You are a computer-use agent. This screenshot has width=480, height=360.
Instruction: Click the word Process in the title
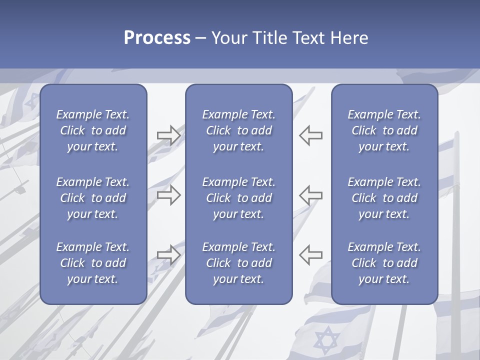pyautogui.click(x=157, y=38)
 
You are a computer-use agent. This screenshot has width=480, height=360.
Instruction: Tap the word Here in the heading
pyautogui.click(x=349, y=38)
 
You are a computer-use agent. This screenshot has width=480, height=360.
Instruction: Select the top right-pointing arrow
pyautogui.click(x=169, y=135)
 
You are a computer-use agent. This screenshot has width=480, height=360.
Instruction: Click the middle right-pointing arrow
pyautogui.click(x=169, y=194)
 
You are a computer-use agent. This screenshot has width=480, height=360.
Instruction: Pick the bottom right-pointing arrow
pyautogui.click(x=169, y=254)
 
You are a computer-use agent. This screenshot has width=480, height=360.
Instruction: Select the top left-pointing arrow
pyautogui.click(x=310, y=135)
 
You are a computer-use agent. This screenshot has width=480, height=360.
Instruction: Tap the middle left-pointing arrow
pyautogui.click(x=310, y=194)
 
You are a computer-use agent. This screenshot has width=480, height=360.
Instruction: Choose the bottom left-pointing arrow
pyautogui.click(x=310, y=254)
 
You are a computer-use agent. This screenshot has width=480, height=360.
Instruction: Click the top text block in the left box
pyautogui.click(x=93, y=130)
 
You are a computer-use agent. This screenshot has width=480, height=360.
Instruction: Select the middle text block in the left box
pyautogui.click(x=93, y=198)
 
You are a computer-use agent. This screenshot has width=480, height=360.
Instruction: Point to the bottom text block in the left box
pyautogui.click(x=93, y=263)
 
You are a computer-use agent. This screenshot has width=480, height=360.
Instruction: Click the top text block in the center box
pyautogui.click(x=239, y=130)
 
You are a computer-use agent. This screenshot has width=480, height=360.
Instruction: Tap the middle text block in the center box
pyautogui.click(x=239, y=198)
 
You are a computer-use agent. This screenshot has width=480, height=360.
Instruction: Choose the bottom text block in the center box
pyautogui.click(x=239, y=263)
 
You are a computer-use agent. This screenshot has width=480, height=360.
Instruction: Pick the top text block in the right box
pyautogui.click(x=384, y=130)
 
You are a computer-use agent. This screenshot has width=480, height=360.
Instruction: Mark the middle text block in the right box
pyautogui.click(x=384, y=198)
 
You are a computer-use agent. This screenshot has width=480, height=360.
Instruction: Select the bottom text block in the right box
pyautogui.click(x=384, y=263)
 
